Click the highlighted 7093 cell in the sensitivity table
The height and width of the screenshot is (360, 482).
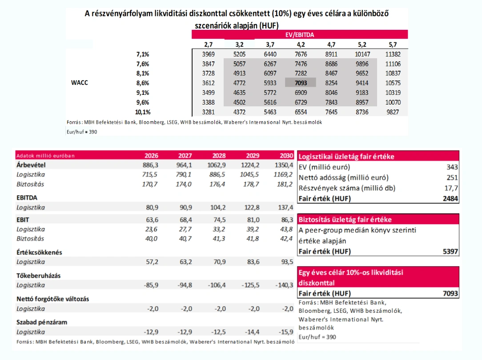point(300,83)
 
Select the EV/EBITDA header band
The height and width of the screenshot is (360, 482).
point(300,34)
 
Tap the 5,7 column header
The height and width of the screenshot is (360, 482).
point(393,44)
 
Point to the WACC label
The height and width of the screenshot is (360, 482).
point(79,82)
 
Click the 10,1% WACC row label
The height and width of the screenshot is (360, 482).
point(143,112)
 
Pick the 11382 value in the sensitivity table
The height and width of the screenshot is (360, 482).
point(393,54)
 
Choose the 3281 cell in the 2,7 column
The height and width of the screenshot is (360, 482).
point(208,112)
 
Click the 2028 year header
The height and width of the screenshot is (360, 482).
point(219,156)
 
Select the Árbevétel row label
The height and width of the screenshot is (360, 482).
point(31,165)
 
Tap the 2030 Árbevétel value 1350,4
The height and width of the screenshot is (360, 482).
point(284,165)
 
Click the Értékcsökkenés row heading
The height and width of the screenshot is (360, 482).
point(39,252)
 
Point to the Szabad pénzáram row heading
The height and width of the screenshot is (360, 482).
point(42,322)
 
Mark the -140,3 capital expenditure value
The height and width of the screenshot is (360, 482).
point(284,285)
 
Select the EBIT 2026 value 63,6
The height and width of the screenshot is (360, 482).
point(152,220)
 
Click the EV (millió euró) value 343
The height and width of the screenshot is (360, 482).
point(452,167)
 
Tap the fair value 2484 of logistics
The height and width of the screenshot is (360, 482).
point(450,198)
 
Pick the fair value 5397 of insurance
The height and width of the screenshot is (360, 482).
point(450,251)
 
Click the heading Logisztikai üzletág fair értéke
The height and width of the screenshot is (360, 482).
point(346,157)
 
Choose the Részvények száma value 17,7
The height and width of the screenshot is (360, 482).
point(451,188)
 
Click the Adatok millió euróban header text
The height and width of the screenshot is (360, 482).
point(45,156)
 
